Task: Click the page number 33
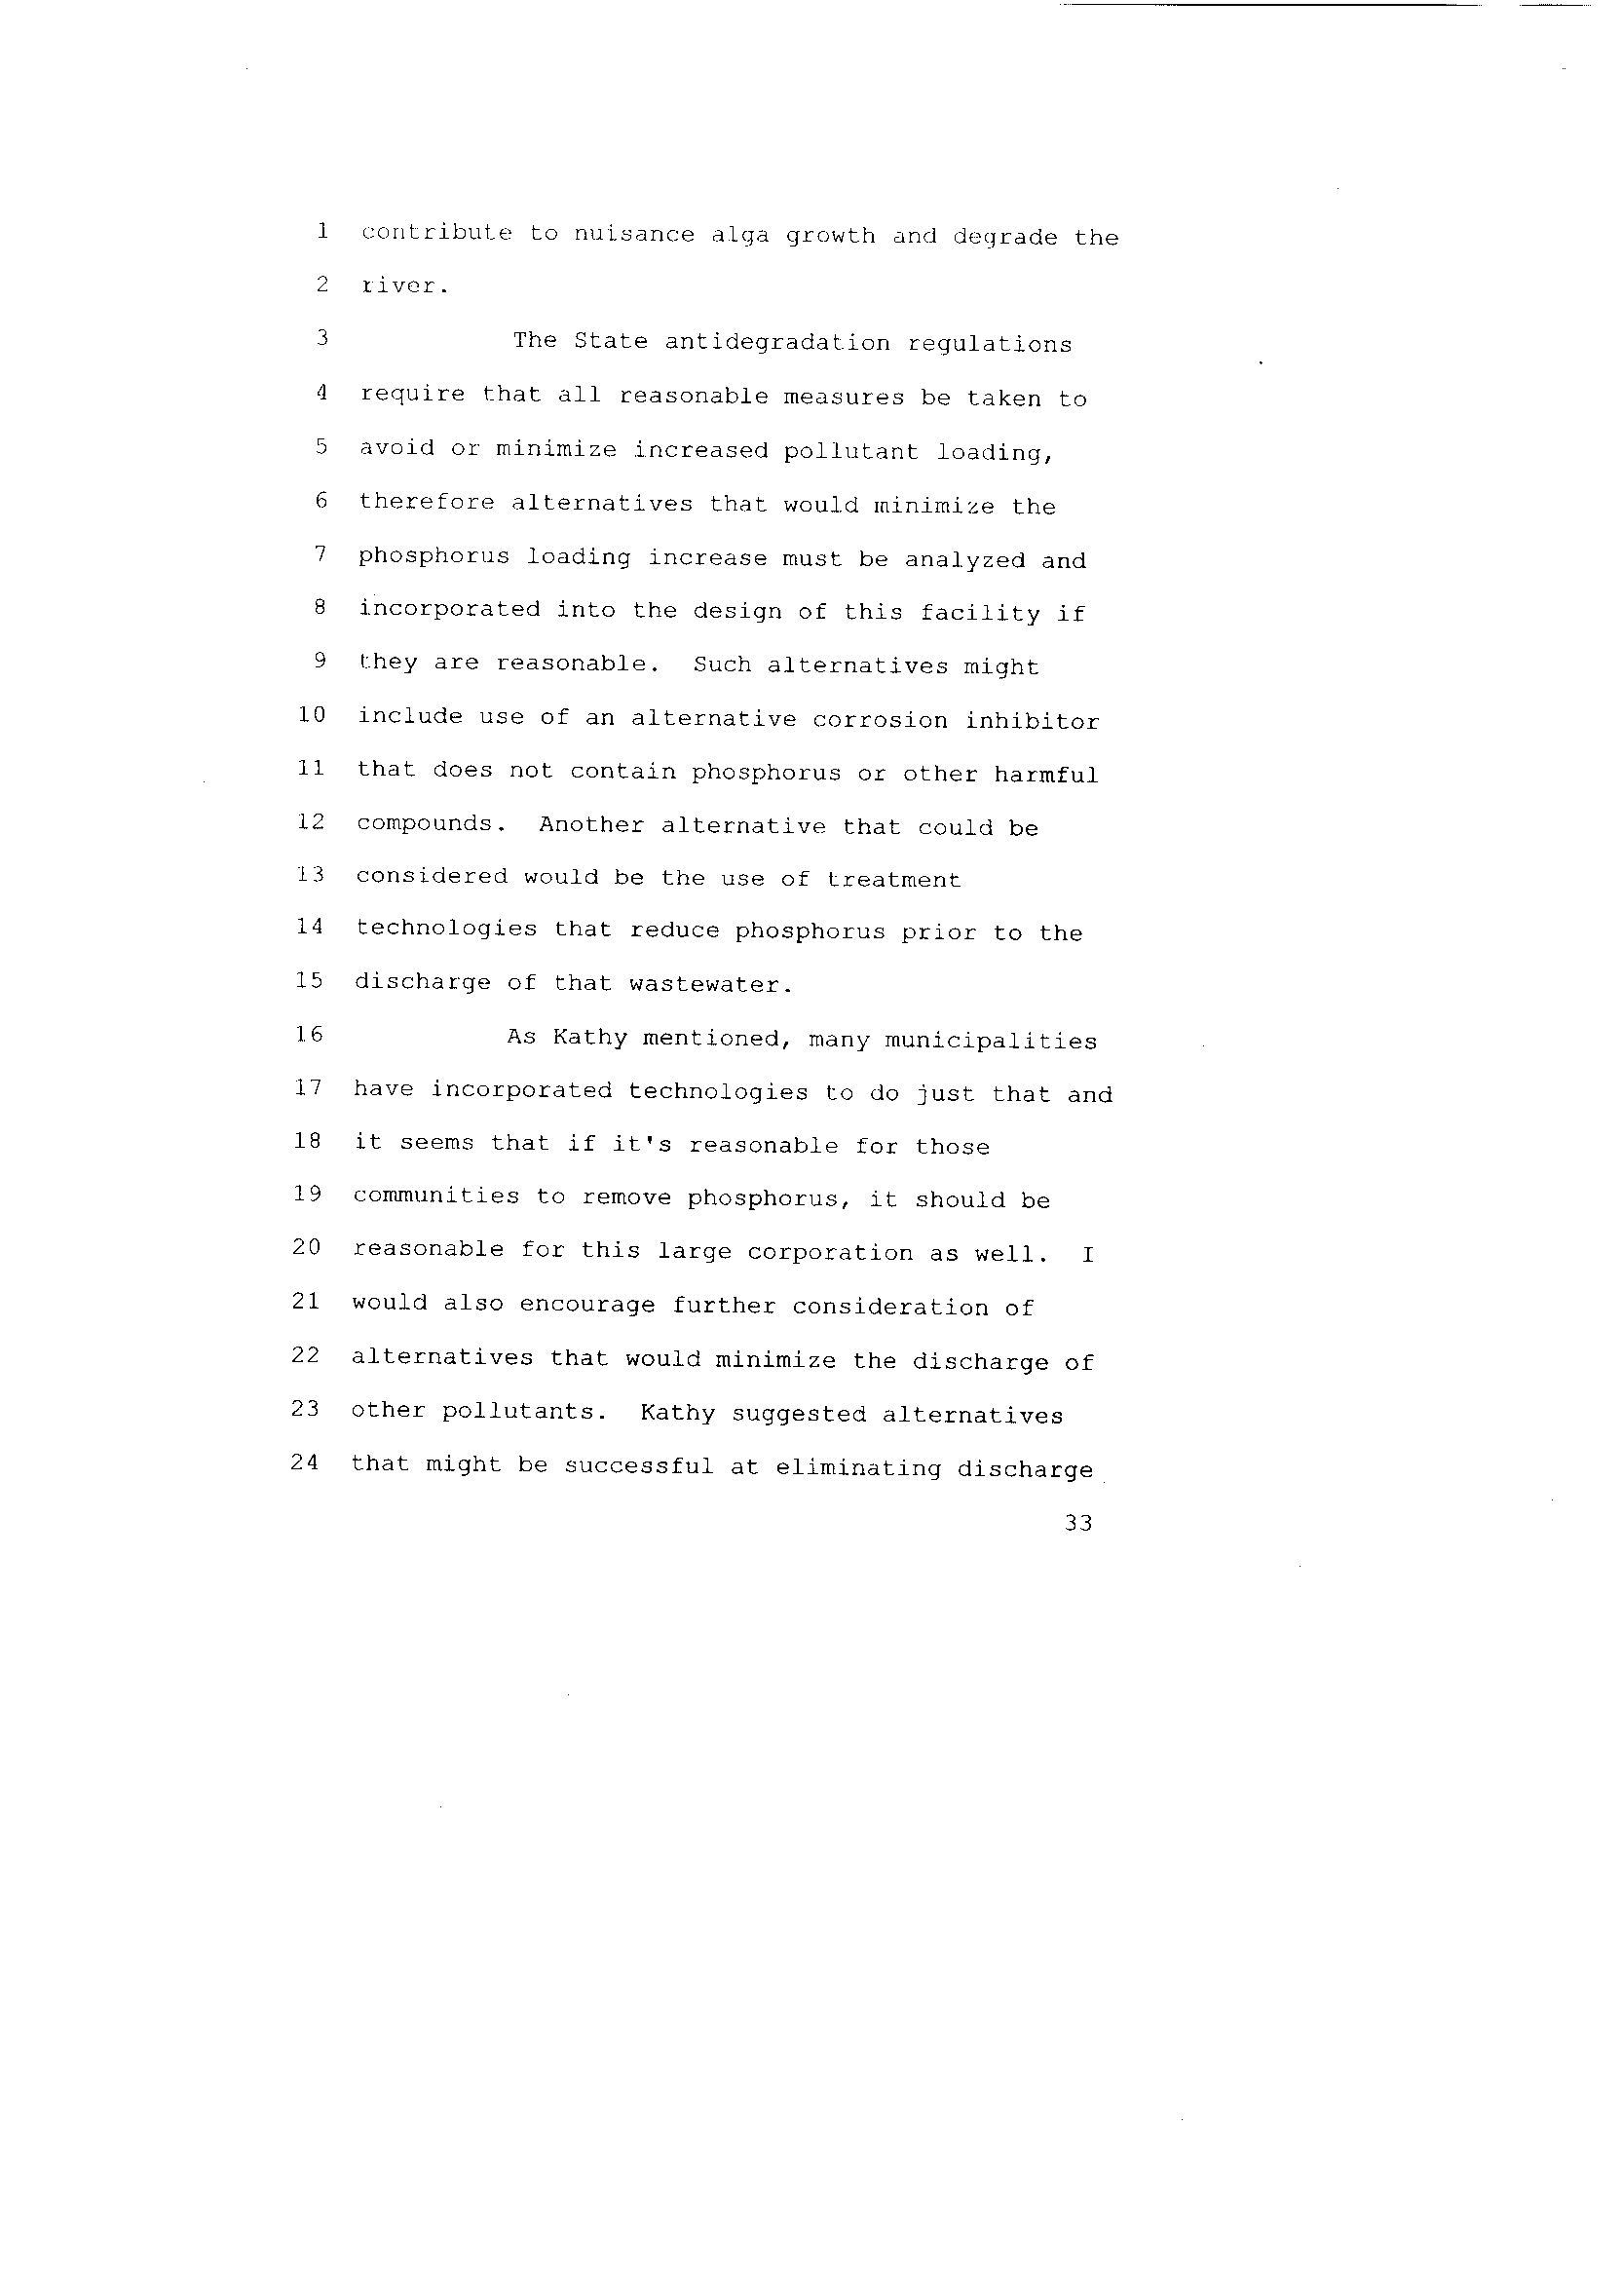point(1078,1523)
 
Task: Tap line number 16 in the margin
point(310,1034)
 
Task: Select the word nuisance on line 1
point(633,236)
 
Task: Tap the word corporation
point(829,1253)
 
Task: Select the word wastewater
point(711,985)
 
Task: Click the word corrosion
point(880,721)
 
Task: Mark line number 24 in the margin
point(306,1462)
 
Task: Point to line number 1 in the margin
point(322,232)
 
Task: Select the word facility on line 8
point(980,613)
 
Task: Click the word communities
point(436,1196)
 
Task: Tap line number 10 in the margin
point(312,715)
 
